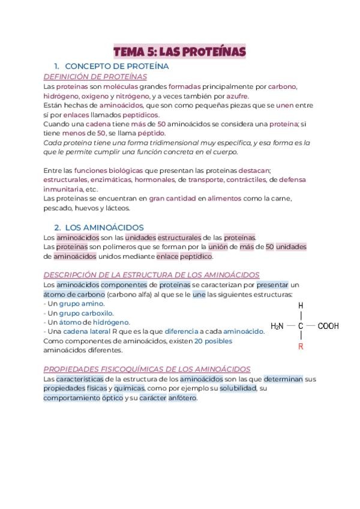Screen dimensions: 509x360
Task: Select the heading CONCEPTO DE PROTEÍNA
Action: [x=116, y=66]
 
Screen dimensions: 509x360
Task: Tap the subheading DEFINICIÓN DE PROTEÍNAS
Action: [x=95, y=76]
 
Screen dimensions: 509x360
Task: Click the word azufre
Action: [x=237, y=96]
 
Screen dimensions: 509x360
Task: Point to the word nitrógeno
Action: [x=131, y=96]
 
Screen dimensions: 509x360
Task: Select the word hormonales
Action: [x=154, y=179]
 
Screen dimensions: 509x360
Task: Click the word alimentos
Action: [x=224, y=198]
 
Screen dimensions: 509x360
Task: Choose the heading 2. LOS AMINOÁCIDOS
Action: [x=99, y=227]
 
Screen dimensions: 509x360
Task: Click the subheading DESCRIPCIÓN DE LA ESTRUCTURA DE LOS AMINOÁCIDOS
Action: [x=151, y=275]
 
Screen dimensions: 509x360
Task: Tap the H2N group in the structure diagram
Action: [x=277, y=326]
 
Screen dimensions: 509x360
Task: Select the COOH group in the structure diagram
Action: [x=328, y=326]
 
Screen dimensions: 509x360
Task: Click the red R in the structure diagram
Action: [x=301, y=346]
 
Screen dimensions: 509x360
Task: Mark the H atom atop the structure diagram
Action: [x=301, y=306]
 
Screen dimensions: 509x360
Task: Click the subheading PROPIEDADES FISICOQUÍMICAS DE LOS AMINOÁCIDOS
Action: [x=147, y=369]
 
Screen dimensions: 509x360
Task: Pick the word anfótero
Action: [x=182, y=398]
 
